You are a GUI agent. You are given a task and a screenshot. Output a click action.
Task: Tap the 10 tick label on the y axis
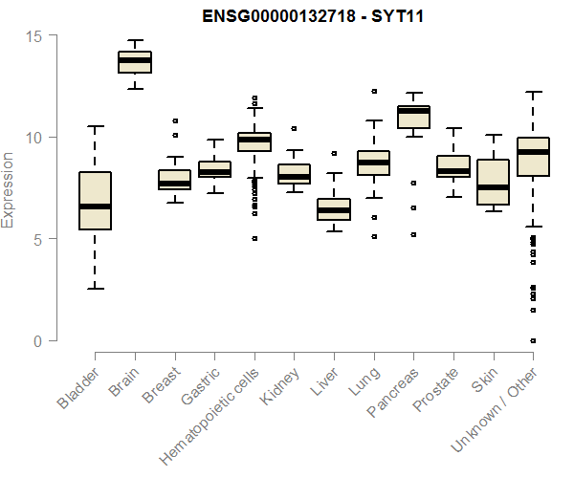(34, 138)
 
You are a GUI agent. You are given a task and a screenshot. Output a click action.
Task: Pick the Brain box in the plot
(135, 61)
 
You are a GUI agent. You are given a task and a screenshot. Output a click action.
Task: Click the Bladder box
(95, 201)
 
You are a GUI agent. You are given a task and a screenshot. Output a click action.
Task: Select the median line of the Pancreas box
(413, 111)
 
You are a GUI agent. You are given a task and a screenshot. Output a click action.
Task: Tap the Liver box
(334, 209)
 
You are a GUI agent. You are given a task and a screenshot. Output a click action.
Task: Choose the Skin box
(493, 183)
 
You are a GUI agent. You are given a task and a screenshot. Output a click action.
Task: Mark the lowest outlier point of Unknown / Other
(533, 340)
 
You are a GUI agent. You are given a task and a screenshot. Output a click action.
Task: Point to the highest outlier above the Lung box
(374, 92)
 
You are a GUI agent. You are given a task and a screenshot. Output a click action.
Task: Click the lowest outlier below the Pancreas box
(413, 234)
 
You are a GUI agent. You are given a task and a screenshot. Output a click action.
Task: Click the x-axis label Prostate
(433, 390)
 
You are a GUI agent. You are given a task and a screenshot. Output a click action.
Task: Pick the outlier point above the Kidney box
(294, 128)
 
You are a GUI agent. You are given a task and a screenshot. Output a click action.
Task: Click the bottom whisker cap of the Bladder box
(95, 289)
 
